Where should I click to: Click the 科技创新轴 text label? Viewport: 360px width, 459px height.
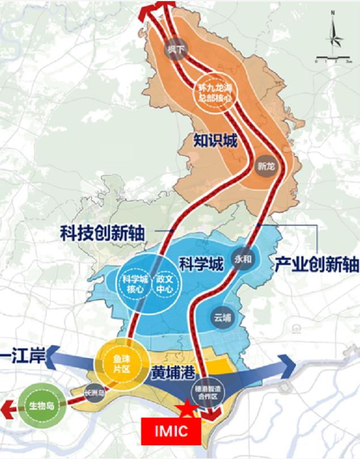click(x=102, y=233)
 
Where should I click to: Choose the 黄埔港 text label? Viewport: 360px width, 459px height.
click(x=173, y=375)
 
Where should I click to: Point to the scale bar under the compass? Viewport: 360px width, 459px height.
click(x=335, y=58)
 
